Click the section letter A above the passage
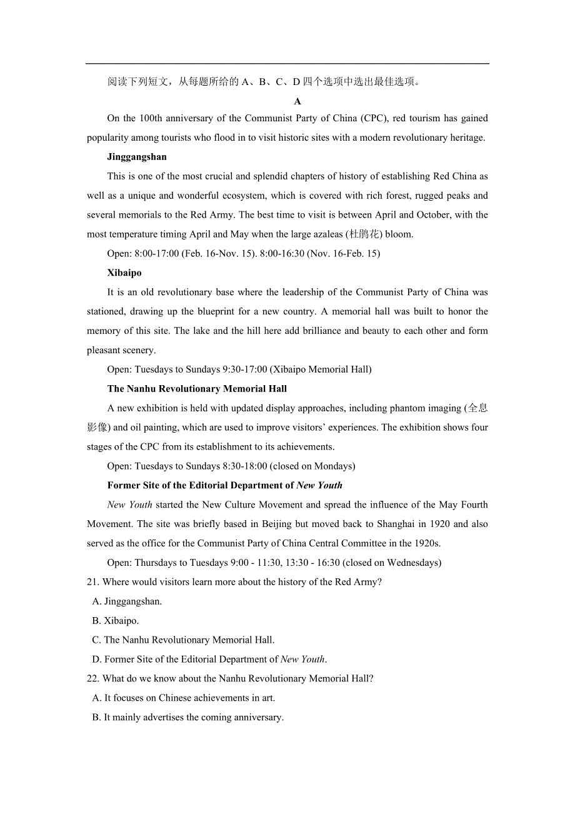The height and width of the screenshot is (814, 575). (x=297, y=101)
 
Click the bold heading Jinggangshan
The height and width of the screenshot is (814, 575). (x=137, y=157)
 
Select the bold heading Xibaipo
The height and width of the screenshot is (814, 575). (x=124, y=273)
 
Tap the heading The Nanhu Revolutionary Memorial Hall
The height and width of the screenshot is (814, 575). (x=197, y=389)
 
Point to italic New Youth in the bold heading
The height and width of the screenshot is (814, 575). (x=319, y=486)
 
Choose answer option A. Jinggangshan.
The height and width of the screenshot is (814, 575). (x=127, y=601)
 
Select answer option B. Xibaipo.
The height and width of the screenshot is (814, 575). (x=116, y=621)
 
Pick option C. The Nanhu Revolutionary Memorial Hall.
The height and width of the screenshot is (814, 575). (x=183, y=640)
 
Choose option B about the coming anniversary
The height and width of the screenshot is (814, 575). (x=187, y=718)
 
